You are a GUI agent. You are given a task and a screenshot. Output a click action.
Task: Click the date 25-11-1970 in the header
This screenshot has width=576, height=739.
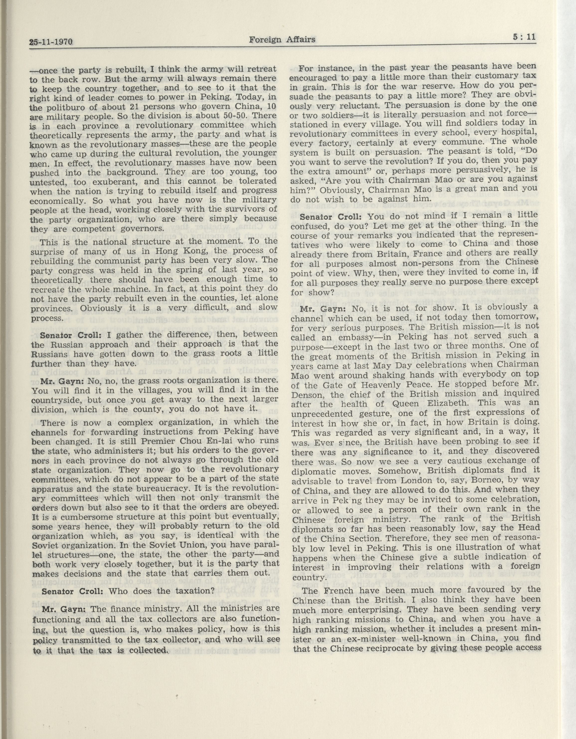click(x=51, y=43)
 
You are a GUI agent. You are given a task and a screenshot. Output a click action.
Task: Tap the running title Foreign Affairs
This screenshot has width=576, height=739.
click(x=282, y=40)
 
